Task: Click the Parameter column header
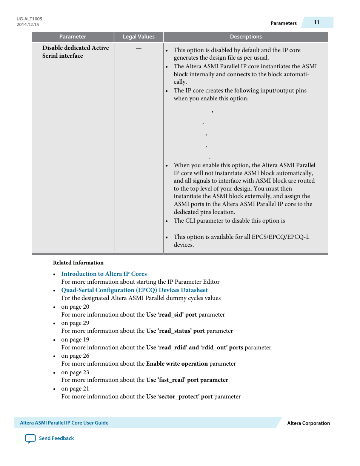tap(72, 37)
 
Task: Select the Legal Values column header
tap(138, 37)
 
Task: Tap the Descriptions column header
tap(246, 37)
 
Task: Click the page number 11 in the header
tap(317, 22)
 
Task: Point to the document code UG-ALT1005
tap(29, 19)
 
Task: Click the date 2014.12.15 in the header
tap(28, 25)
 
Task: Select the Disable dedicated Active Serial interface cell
tap(75, 52)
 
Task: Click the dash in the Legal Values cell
tap(138, 48)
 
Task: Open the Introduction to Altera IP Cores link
tap(104, 274)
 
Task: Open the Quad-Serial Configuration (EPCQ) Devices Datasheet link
tap(134, 290)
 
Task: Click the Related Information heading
tap(78, 263)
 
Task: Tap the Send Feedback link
tap(56, 438)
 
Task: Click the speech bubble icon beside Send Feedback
tap(30, 438)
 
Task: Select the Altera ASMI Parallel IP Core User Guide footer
tap(64, 423)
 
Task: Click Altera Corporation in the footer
tap(308, 423)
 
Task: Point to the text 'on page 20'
tap(75, 307)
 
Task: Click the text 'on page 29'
tap(75, 323)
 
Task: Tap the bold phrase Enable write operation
tap(177, 364)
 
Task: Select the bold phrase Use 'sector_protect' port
tap(179, 397)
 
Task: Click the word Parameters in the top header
tap(283, 23)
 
